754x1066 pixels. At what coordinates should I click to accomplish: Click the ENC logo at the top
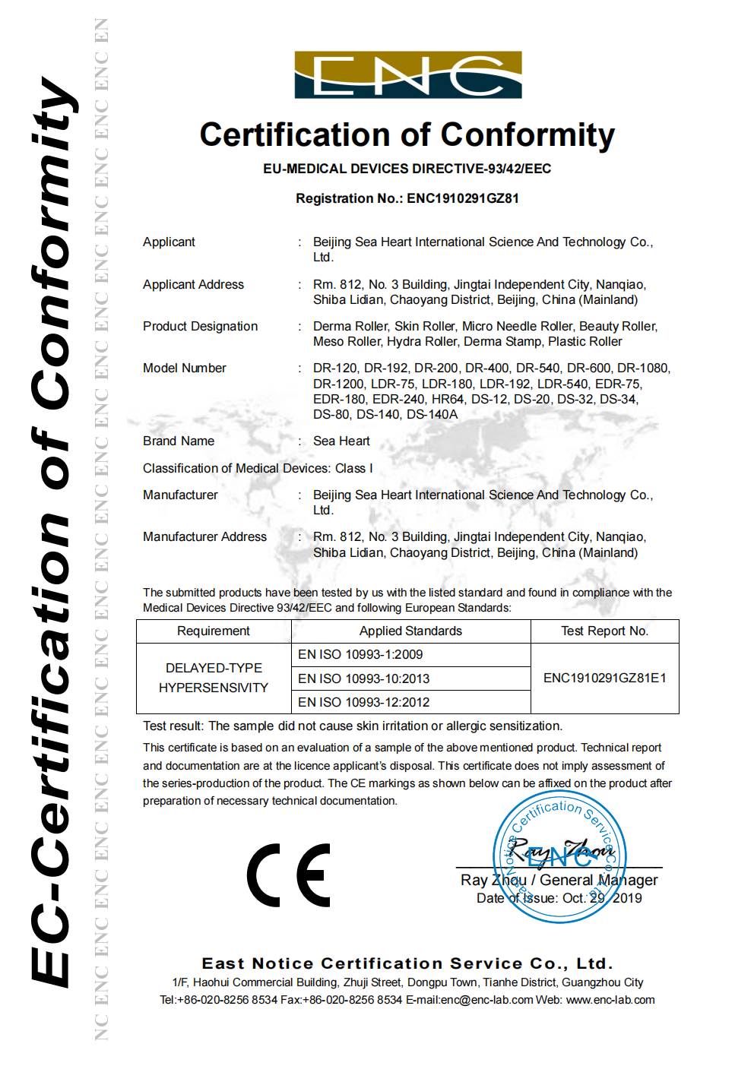(408, 74)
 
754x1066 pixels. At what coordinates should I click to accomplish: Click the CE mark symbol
(289, 875)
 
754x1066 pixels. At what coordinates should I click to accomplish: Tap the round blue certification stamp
(559, 857)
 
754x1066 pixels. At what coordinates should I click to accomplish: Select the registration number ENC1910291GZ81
(463, 198)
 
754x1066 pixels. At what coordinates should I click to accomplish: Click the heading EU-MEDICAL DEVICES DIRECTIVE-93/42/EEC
(407, 169)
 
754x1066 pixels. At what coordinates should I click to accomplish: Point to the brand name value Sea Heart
(341, 441)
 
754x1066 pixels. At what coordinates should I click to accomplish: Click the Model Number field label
(185, 369)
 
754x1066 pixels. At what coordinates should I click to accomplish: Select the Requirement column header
(214, 631)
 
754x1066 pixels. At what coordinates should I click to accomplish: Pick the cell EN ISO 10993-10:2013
(364, 679)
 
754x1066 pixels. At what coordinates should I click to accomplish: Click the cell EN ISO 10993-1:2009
(360, 655)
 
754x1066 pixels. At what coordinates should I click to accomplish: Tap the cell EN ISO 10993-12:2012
(364, 702)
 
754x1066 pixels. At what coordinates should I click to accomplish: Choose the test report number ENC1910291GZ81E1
(604, 678)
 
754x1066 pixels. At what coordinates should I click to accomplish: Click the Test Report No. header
(604, 631)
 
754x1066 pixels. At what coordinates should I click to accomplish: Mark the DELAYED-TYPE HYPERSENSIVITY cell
(214, 678)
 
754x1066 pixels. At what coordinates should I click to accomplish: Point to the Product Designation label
(201, 327)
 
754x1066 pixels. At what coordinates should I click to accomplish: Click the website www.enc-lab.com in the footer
(610, 1000)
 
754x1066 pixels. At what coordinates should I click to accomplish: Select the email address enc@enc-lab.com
(486, 1000)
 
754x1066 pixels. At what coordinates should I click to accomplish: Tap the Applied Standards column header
(410, 631)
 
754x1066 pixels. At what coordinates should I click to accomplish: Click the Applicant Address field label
(194, 285)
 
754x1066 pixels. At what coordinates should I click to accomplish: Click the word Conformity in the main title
(527, 135)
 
